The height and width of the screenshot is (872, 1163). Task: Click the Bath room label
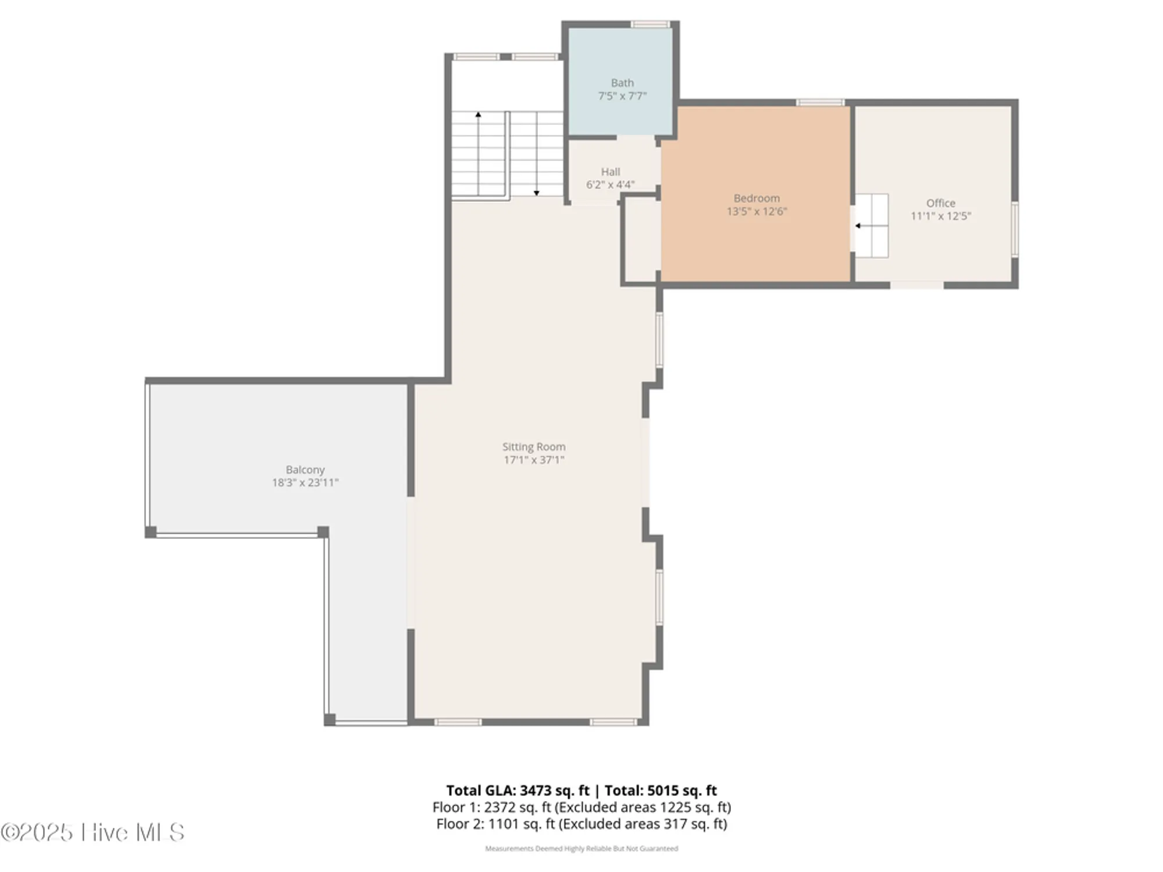[x=622, y=83]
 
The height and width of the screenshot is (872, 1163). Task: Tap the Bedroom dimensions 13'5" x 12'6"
[x=757, y=212]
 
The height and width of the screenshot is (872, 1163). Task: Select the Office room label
[x=940, y=203]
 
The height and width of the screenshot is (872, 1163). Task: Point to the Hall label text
[x=610, y=171]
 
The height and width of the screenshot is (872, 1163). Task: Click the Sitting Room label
[x=533, y=446]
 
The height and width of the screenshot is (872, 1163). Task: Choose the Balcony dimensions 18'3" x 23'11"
[x=305, y=483]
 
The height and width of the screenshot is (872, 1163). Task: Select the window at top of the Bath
[x=650, y=24]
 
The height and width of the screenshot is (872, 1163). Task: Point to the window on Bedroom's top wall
[x=819, y=103]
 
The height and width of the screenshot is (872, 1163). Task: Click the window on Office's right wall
[x=1015, y=229]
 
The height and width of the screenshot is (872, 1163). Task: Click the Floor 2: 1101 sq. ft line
[x=581, y=824]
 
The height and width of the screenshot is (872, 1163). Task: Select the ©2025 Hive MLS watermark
[x=92, y=832]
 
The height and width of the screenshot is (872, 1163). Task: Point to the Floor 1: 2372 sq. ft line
[x=581, y=807]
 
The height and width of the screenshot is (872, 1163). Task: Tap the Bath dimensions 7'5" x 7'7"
[x=622, y=97]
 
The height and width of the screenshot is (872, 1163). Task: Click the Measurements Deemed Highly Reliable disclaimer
[x=581, y=849]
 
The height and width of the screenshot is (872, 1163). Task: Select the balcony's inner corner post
[x=323, y=532]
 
